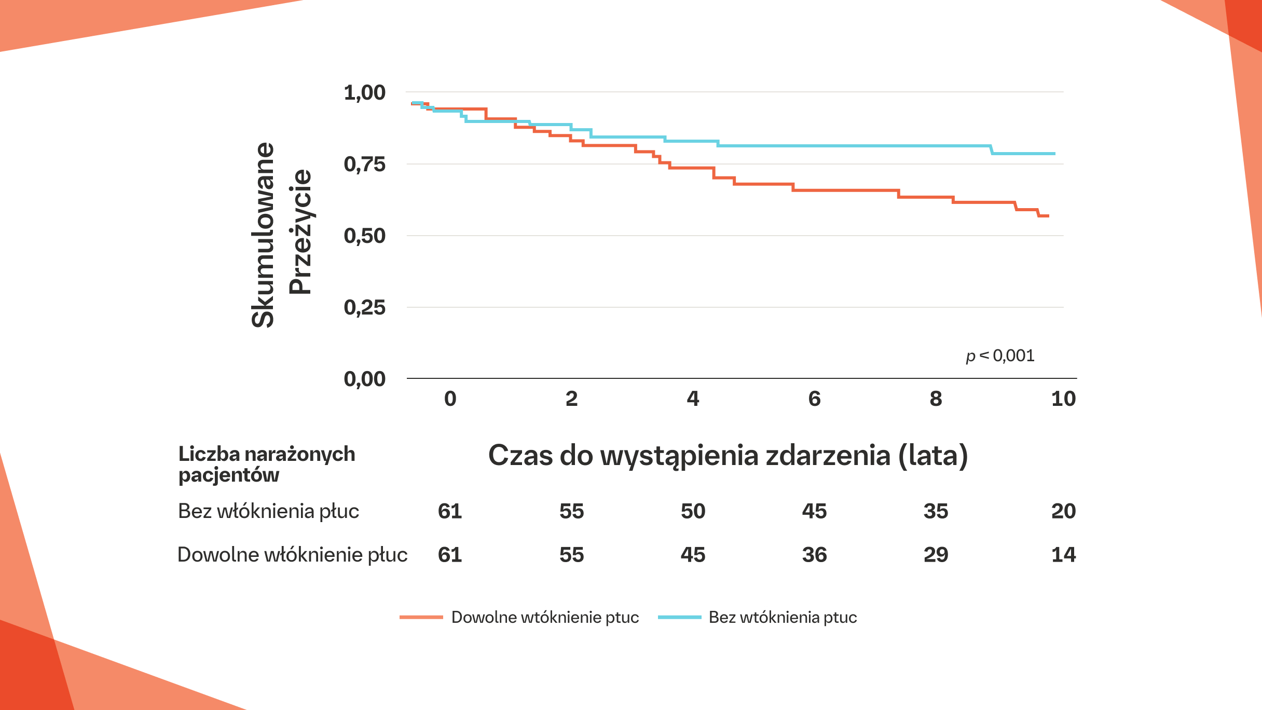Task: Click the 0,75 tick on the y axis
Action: (x=364, y=165)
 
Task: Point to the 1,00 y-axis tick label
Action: (x=364, y=93)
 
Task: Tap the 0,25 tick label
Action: (x=364, y=308)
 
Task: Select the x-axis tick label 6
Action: (x=814, y=399)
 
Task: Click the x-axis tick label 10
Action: (x=1063, y=399)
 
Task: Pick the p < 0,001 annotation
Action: (x=1000, y=356)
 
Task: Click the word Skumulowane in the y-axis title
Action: (x=263, y=235)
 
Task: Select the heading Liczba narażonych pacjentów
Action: (x=266, y=464)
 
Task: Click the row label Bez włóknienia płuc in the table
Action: (x=268, y=511)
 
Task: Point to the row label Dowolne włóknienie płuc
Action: (x=292, y=555)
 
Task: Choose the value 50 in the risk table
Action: (x=693, y=511)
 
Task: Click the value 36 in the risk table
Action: (x=814, y=555)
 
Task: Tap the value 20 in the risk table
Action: (x=1063, y=511)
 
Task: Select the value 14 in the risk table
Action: (x=1063, y=555)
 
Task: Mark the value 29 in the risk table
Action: (x=936, y=555)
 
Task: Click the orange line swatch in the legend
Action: (x=421, y=617)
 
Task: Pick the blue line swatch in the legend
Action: (x=679, y=617)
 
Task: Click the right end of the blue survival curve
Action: (x=1054, y=154)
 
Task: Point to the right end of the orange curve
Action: (x=1048, y=216)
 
